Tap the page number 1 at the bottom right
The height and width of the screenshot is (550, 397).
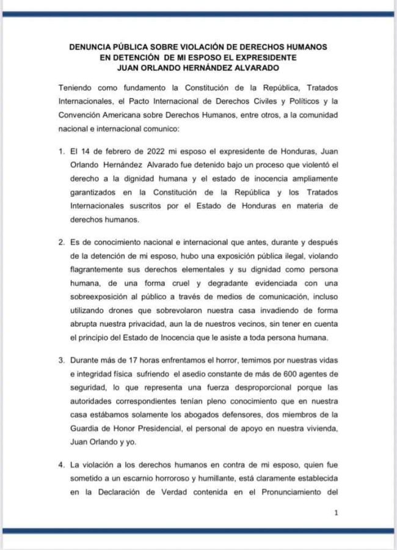[336, 514]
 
